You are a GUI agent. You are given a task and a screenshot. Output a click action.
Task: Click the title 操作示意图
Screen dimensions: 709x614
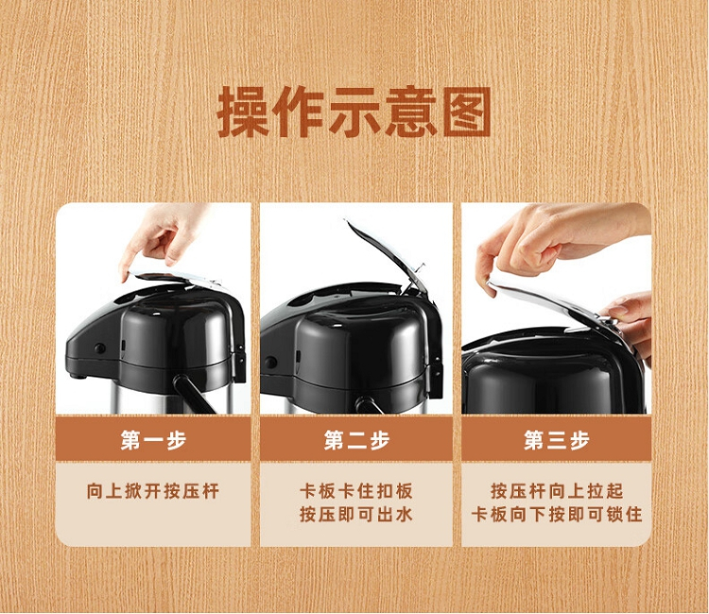tap(354, 111)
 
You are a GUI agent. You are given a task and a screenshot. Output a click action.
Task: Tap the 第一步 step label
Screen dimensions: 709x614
tap(153, 439)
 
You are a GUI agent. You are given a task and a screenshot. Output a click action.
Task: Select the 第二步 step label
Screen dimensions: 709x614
tap(356, 439)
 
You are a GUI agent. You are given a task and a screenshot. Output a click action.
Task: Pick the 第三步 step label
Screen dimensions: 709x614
tap(557, 439)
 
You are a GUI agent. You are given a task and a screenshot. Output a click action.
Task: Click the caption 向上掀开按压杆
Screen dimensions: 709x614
tap(153, 490)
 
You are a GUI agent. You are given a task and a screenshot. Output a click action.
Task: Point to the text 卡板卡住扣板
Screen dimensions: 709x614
tap(356, 490)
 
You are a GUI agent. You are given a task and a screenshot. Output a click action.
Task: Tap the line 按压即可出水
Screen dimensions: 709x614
tap(356, 514)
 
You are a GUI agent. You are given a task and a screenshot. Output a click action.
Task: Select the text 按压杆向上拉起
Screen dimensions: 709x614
tap(557, 490)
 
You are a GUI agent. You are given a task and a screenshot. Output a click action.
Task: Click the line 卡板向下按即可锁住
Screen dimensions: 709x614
tap(557, 514)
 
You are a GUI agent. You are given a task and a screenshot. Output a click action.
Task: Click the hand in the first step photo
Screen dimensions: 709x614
tap(163, 237)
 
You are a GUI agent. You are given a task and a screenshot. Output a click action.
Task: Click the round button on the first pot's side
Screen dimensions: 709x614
tap(99, 349)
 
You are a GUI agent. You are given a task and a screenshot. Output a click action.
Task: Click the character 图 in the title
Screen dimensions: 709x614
tap(467, 111)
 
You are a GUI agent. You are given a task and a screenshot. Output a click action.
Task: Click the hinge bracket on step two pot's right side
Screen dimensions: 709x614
tap(436, 370)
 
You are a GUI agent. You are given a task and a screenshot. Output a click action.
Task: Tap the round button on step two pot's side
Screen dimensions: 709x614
tap(271, 362)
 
